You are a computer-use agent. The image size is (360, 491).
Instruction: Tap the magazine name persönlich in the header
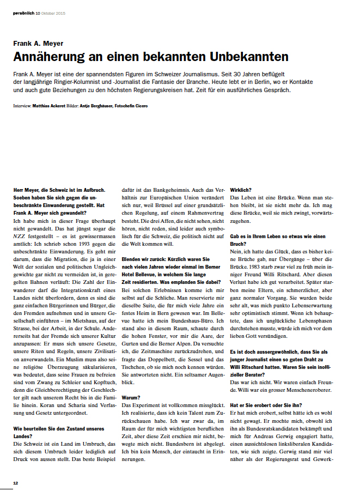pos(23,13)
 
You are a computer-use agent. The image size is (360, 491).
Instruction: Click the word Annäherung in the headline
pos(48,57)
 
